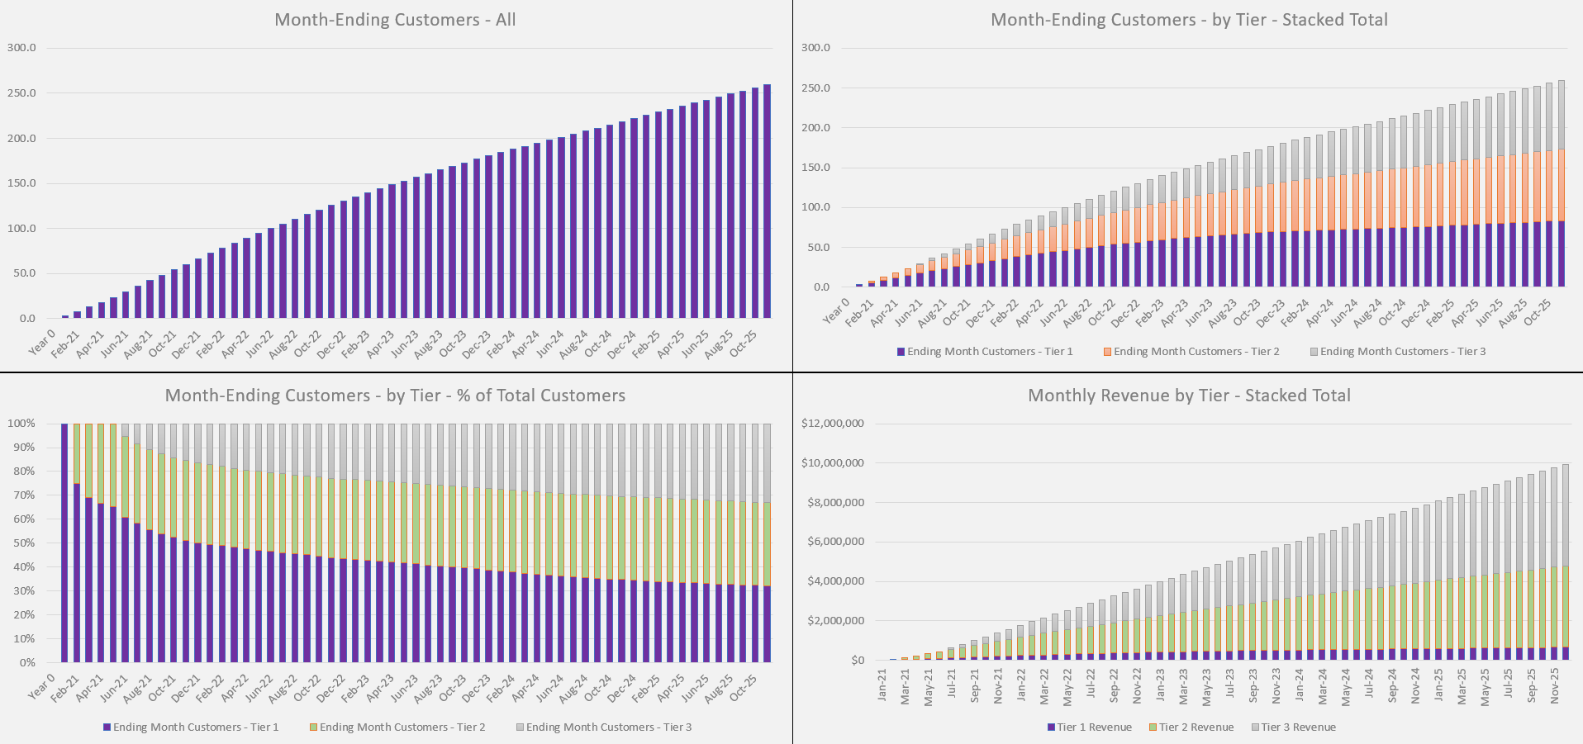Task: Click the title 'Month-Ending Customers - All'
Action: (395, 20)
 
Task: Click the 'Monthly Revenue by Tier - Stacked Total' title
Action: (1189, 396)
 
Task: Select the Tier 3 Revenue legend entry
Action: (1297, 727)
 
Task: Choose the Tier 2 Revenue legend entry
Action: (1195, 727)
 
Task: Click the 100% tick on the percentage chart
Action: (22, 424)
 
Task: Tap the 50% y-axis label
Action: (22, 543)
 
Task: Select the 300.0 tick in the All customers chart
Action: (22, 48)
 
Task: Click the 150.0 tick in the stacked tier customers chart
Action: (815, 168)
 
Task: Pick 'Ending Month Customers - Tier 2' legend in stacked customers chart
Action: (1195, 352)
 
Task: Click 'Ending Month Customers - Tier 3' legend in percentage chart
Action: (608, 727)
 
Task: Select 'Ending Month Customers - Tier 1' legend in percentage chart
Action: (195, 727)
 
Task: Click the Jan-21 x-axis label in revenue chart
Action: (882, 685)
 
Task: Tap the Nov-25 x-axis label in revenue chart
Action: (1556, 686)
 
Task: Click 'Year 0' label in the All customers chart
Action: (41, 341)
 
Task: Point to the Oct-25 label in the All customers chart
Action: (744, 342)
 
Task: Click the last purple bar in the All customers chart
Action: (767, 201)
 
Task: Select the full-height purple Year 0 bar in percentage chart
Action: (64, 543)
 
